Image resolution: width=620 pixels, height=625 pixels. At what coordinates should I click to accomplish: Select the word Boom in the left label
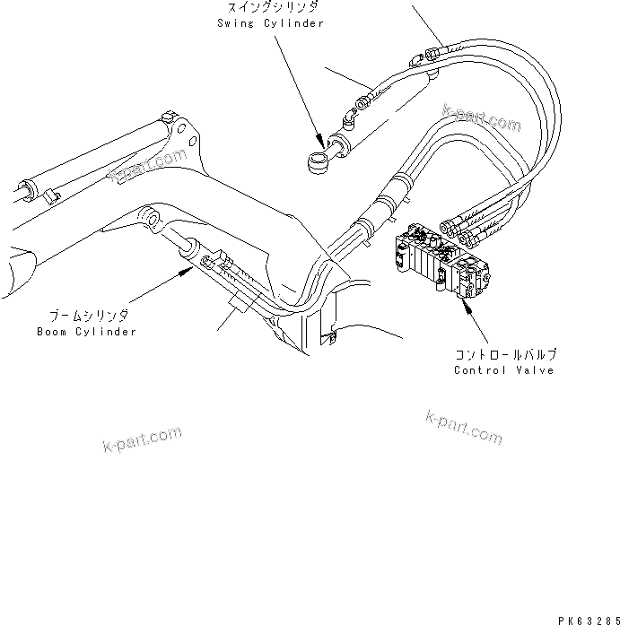click(x=51, y=332)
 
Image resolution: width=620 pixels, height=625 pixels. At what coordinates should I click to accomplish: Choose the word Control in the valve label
click(x=480, y=370)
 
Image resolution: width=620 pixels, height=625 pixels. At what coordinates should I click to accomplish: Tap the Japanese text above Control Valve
click(x=507, y=355)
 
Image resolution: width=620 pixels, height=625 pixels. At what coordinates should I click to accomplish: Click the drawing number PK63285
click(x=587, y=618)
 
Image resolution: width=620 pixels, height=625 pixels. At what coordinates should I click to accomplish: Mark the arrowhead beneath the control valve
click(x=464, y=308)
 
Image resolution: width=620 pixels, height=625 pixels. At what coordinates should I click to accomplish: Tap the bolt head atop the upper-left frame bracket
click(x=167, y=117)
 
